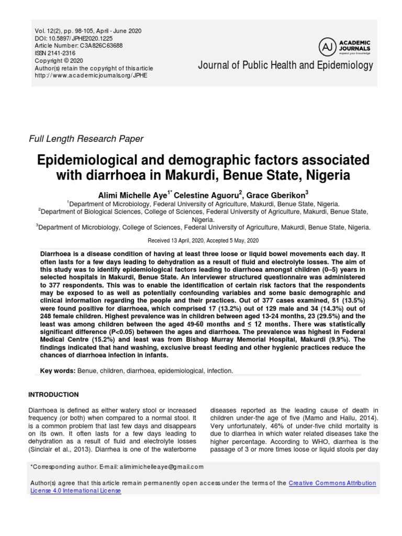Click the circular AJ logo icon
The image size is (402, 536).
327,48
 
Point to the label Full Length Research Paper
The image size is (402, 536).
85,139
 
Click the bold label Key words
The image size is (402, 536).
57,371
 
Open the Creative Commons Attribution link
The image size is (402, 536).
332,483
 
